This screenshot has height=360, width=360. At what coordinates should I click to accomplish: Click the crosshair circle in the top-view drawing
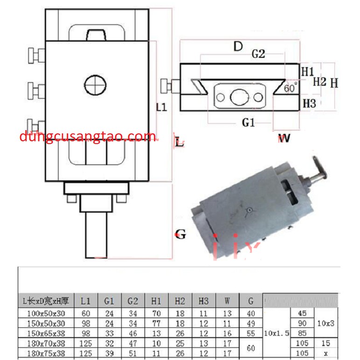pyautogui.click(x=96, y=85)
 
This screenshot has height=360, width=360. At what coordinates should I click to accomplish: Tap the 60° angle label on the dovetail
pyautogui.click(x=290, y=88)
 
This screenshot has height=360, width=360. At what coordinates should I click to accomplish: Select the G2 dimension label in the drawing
pyautogui.click(x=258, y=54)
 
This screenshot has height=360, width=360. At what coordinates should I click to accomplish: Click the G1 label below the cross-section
pyautogui.click(x=248, y=122)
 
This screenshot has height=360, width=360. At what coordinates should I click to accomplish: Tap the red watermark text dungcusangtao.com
pyautogui.click(x=88, y=137)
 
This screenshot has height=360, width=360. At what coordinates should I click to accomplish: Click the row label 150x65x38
pyautogui.click(x=46, y=334)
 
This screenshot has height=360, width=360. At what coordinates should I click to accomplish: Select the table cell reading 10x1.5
pyautogui.click(x=277, y=333)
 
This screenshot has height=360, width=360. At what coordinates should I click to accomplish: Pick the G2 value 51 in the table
pyautogui.click(x=132, y=354)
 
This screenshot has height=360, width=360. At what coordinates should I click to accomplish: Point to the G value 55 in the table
pyautogui.click(x=251, y=334)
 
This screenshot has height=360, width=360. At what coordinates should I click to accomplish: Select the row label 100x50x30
pyautogui.click(x=46, y=313)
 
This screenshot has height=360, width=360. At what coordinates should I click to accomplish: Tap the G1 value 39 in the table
pyautogui.click(x=109, y=354)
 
